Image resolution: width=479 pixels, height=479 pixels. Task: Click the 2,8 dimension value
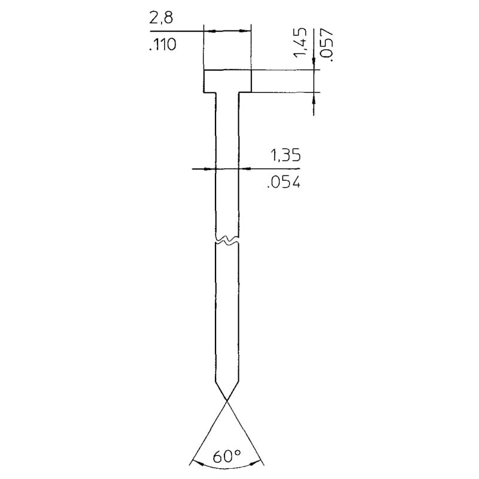(x=161, y=18)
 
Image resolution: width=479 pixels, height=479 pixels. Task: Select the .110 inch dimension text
(x=163, y=44)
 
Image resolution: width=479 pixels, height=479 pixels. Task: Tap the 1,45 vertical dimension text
(x=300, y=42)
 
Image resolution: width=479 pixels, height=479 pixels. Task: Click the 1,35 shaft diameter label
(x=286, y=155)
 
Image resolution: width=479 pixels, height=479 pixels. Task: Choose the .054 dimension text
(x=284, y=182)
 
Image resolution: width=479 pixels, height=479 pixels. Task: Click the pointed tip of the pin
(x=227, y=400)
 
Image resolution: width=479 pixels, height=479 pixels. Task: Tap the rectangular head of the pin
(x=227, y=81)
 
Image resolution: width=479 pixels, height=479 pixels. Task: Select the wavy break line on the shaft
(x=227, y=241)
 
